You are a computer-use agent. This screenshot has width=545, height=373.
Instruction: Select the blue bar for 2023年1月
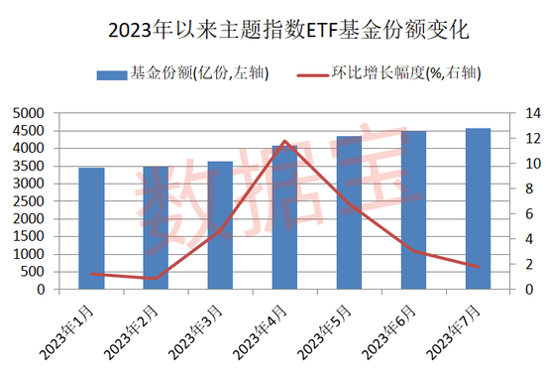[92, 229]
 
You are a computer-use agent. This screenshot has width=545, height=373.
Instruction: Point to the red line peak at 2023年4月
[285, 141]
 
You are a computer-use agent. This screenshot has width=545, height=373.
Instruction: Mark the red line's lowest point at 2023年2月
[156, 279]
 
